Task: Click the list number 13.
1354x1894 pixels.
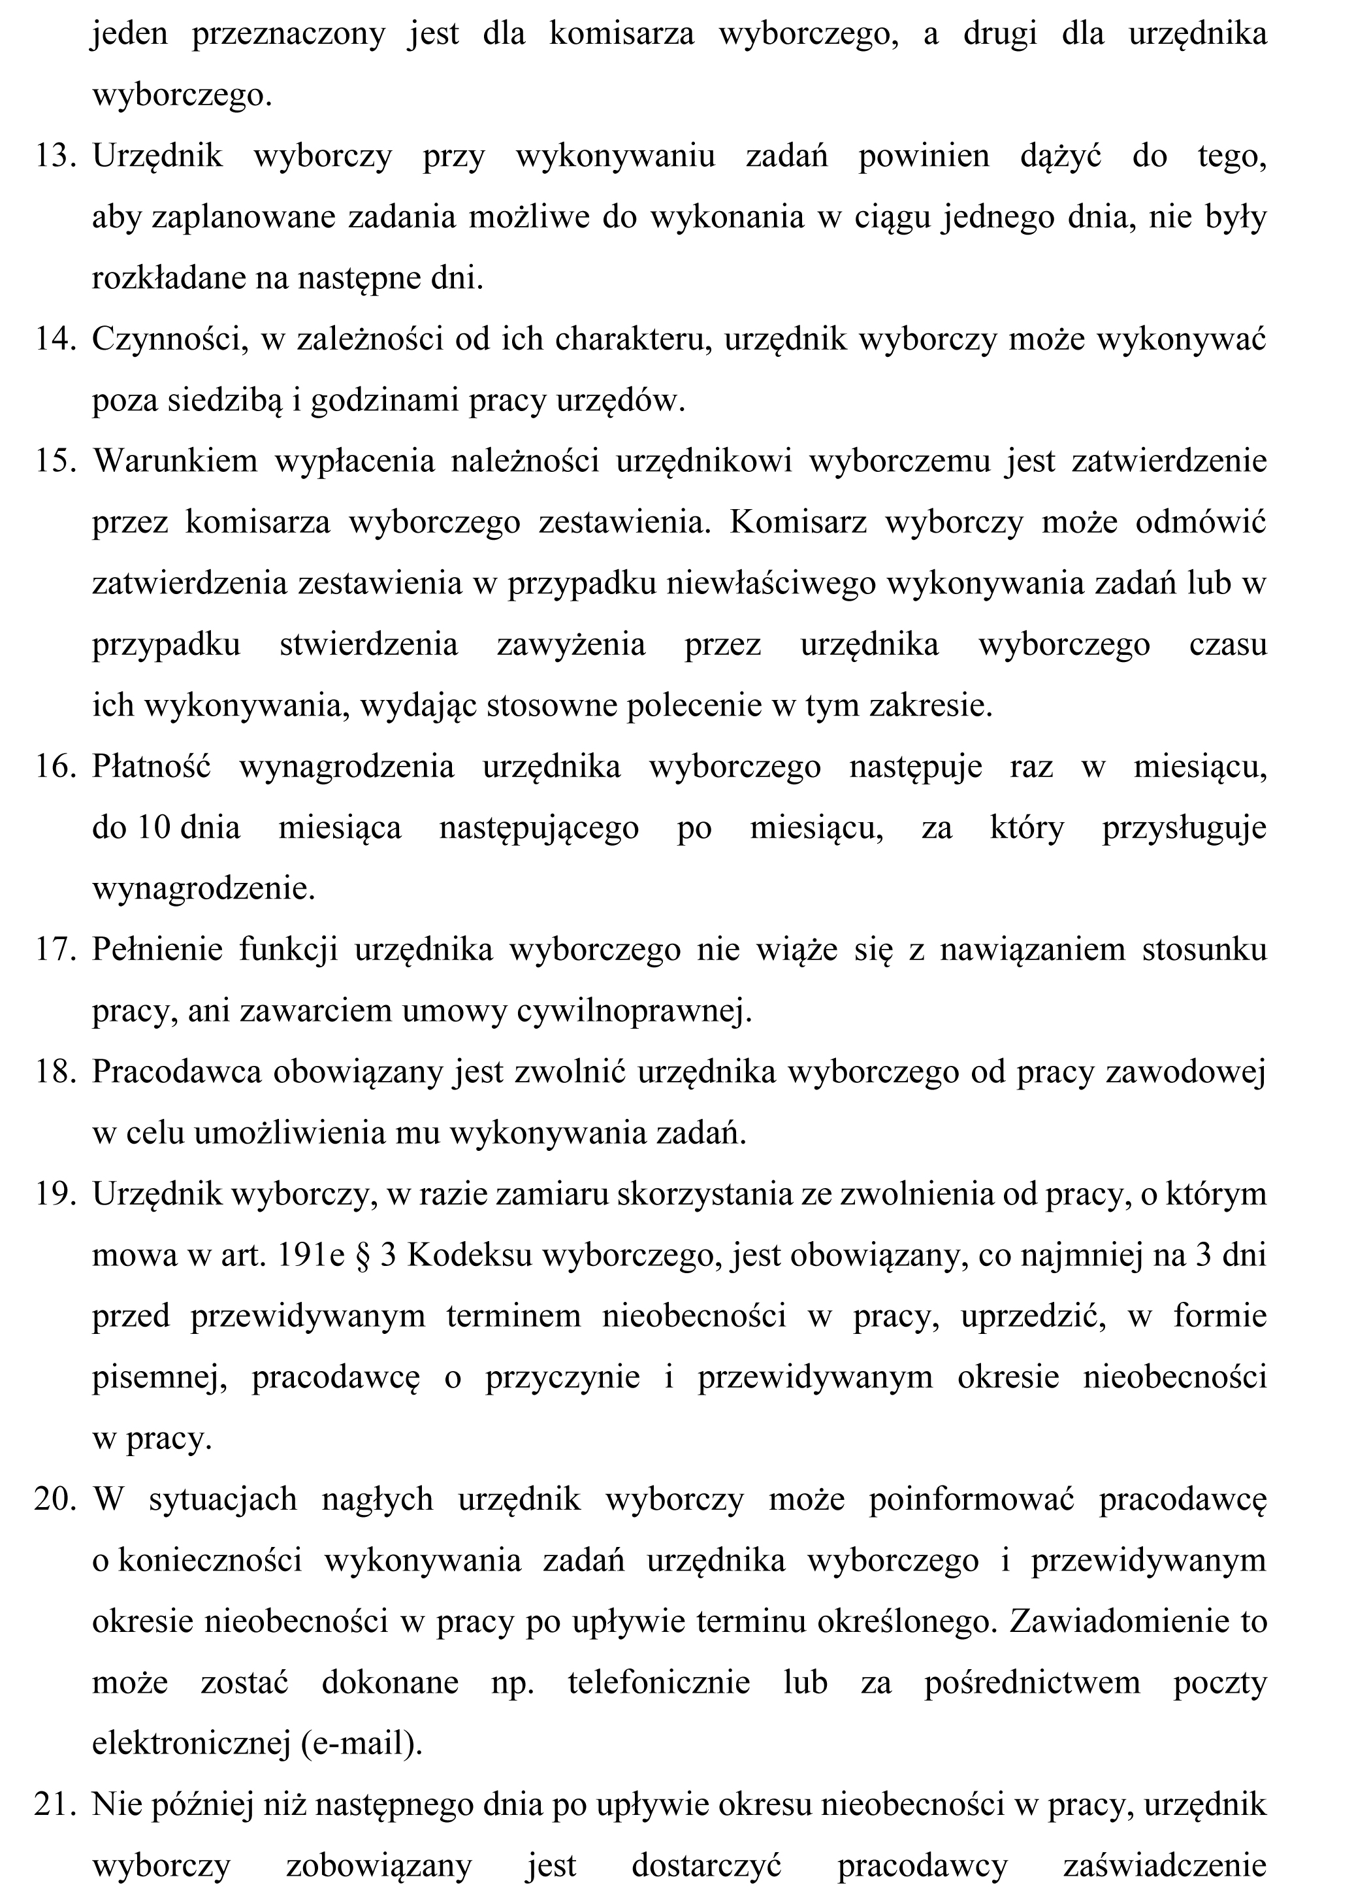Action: tap(55, 157)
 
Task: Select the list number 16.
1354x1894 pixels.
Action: tap(55, 767)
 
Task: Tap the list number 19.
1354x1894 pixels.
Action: tap(55, 1194)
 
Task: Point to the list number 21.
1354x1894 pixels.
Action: tap(55, 1804)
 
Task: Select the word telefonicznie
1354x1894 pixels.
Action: tap(658, 1683)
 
